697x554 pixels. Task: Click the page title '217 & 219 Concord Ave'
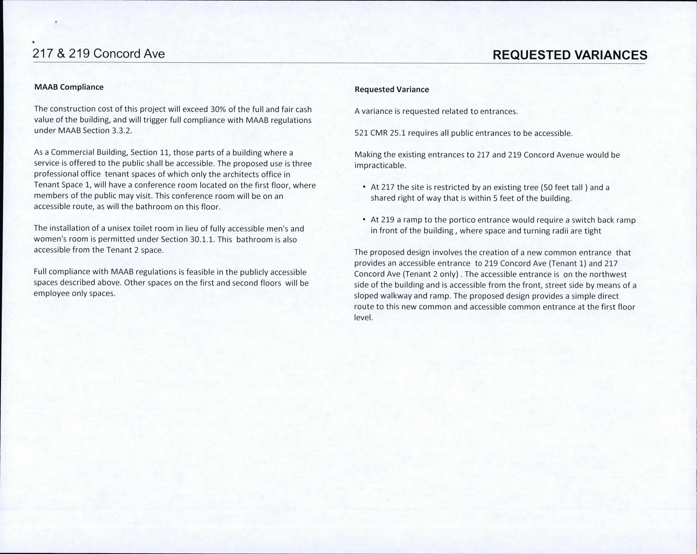pos(99,54)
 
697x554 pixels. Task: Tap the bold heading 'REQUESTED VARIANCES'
pos(570,55)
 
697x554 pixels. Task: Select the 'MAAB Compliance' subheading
pos(69,87)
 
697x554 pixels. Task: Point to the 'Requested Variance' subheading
pos(392,90)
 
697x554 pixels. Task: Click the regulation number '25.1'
pos(398,133)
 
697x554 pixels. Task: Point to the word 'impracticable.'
pos(380,166)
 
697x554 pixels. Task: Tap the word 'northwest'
pos(608,274)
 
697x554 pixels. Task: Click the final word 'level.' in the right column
pos(363,318)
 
